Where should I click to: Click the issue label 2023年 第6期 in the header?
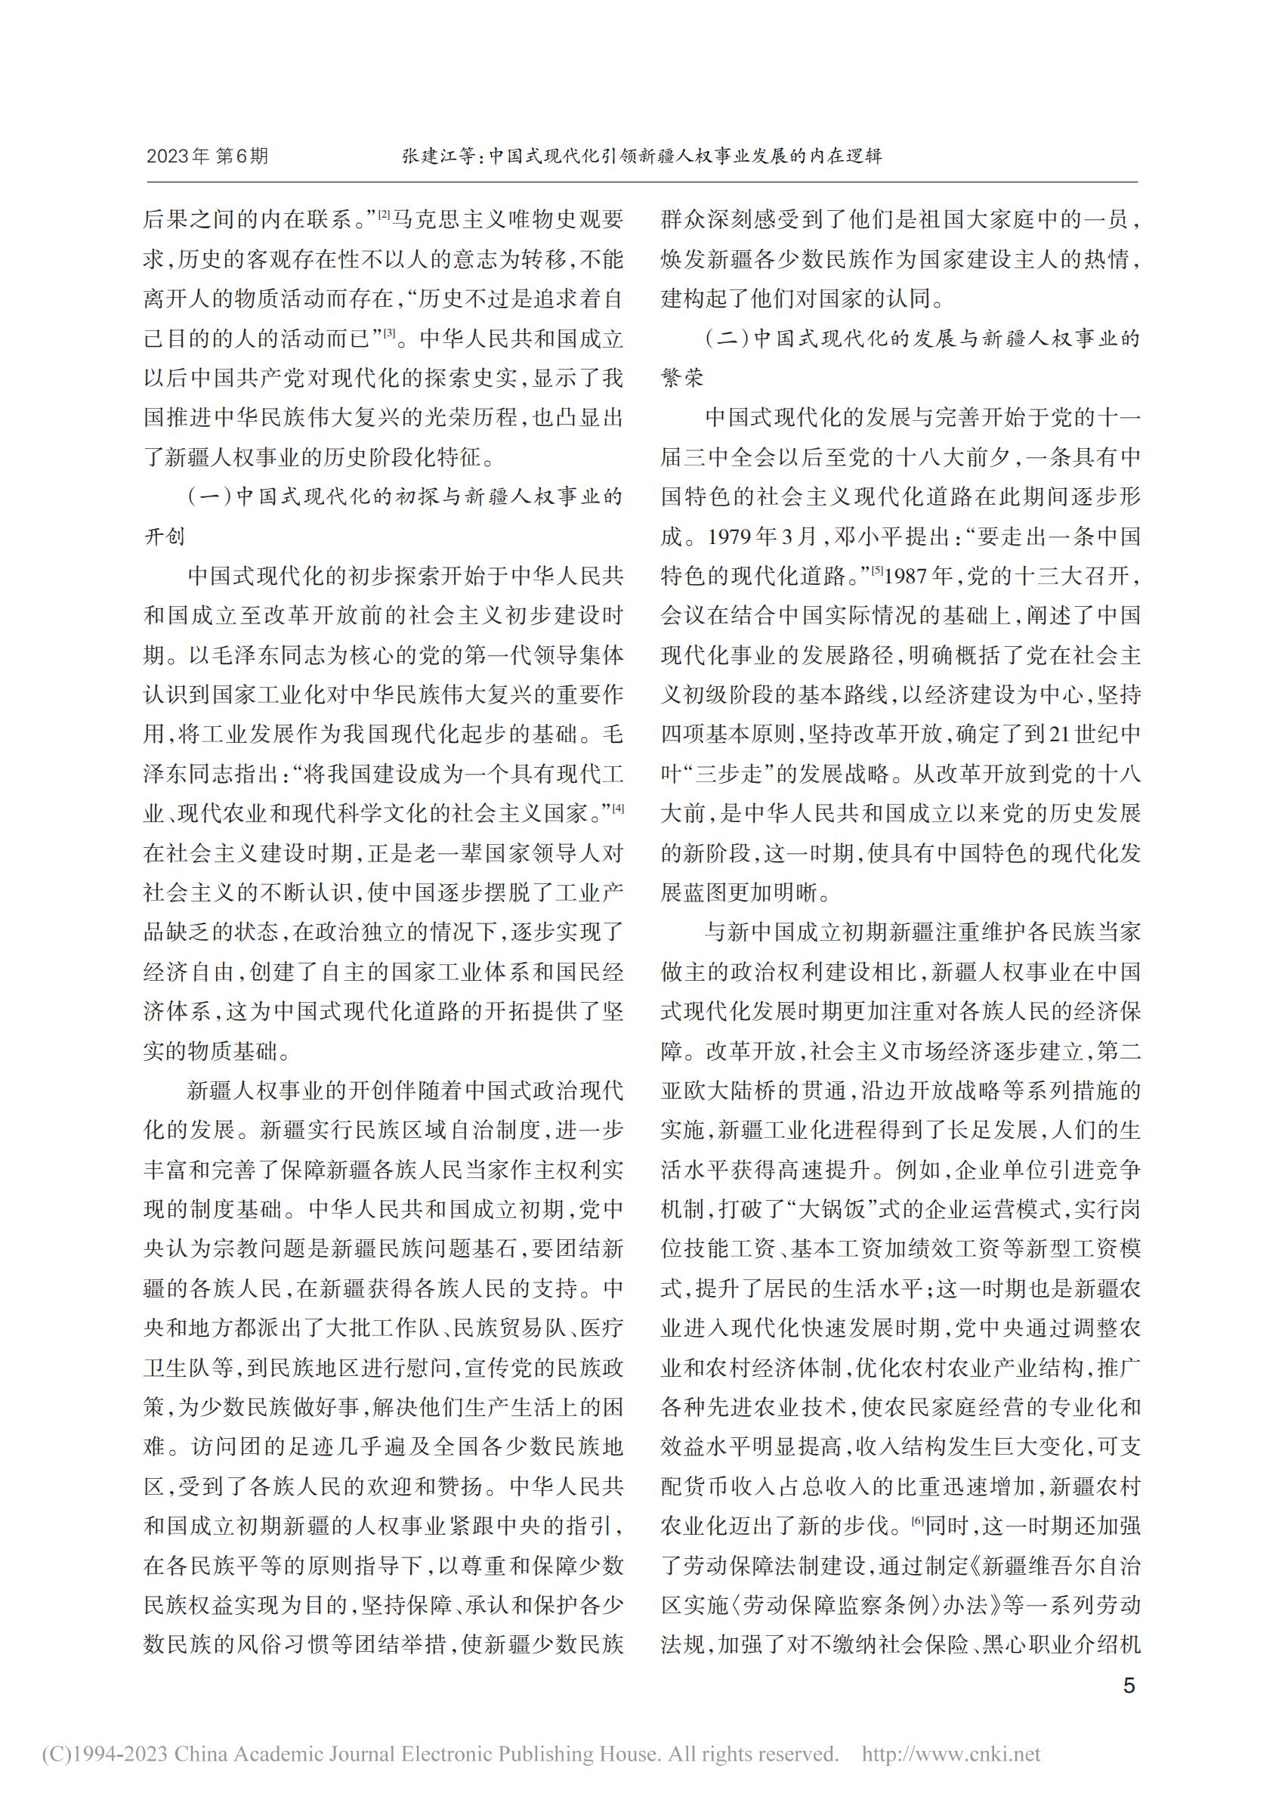pyautogui.click(x=207, y=156)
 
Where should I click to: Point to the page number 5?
pyautogui.click(x=1129, y=1685)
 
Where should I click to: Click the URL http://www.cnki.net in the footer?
pyautogui.click(x=950, y=1755)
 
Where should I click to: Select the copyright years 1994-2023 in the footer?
pyautogui.click(x=119, y=1755)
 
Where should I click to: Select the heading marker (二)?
pyautogui.click(x=727, y=339)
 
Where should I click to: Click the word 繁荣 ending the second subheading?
pyautogui.click(x=682, y=379)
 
